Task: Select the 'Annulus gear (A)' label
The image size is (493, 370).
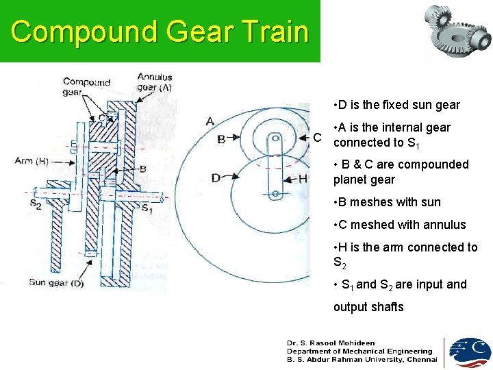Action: tap(155, 82)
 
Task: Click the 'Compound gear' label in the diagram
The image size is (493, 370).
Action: tap(86, 87)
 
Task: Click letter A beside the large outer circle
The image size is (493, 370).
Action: tap(210, 121)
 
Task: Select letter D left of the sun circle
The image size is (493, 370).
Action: tap(216, 178)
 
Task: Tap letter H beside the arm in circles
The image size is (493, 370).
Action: tap(303, 179)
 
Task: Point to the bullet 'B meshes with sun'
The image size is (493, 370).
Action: tap(387, 202)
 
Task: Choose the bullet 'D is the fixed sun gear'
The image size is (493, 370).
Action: tap(396, 105)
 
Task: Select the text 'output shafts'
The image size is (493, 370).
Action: tap(368, 307)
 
